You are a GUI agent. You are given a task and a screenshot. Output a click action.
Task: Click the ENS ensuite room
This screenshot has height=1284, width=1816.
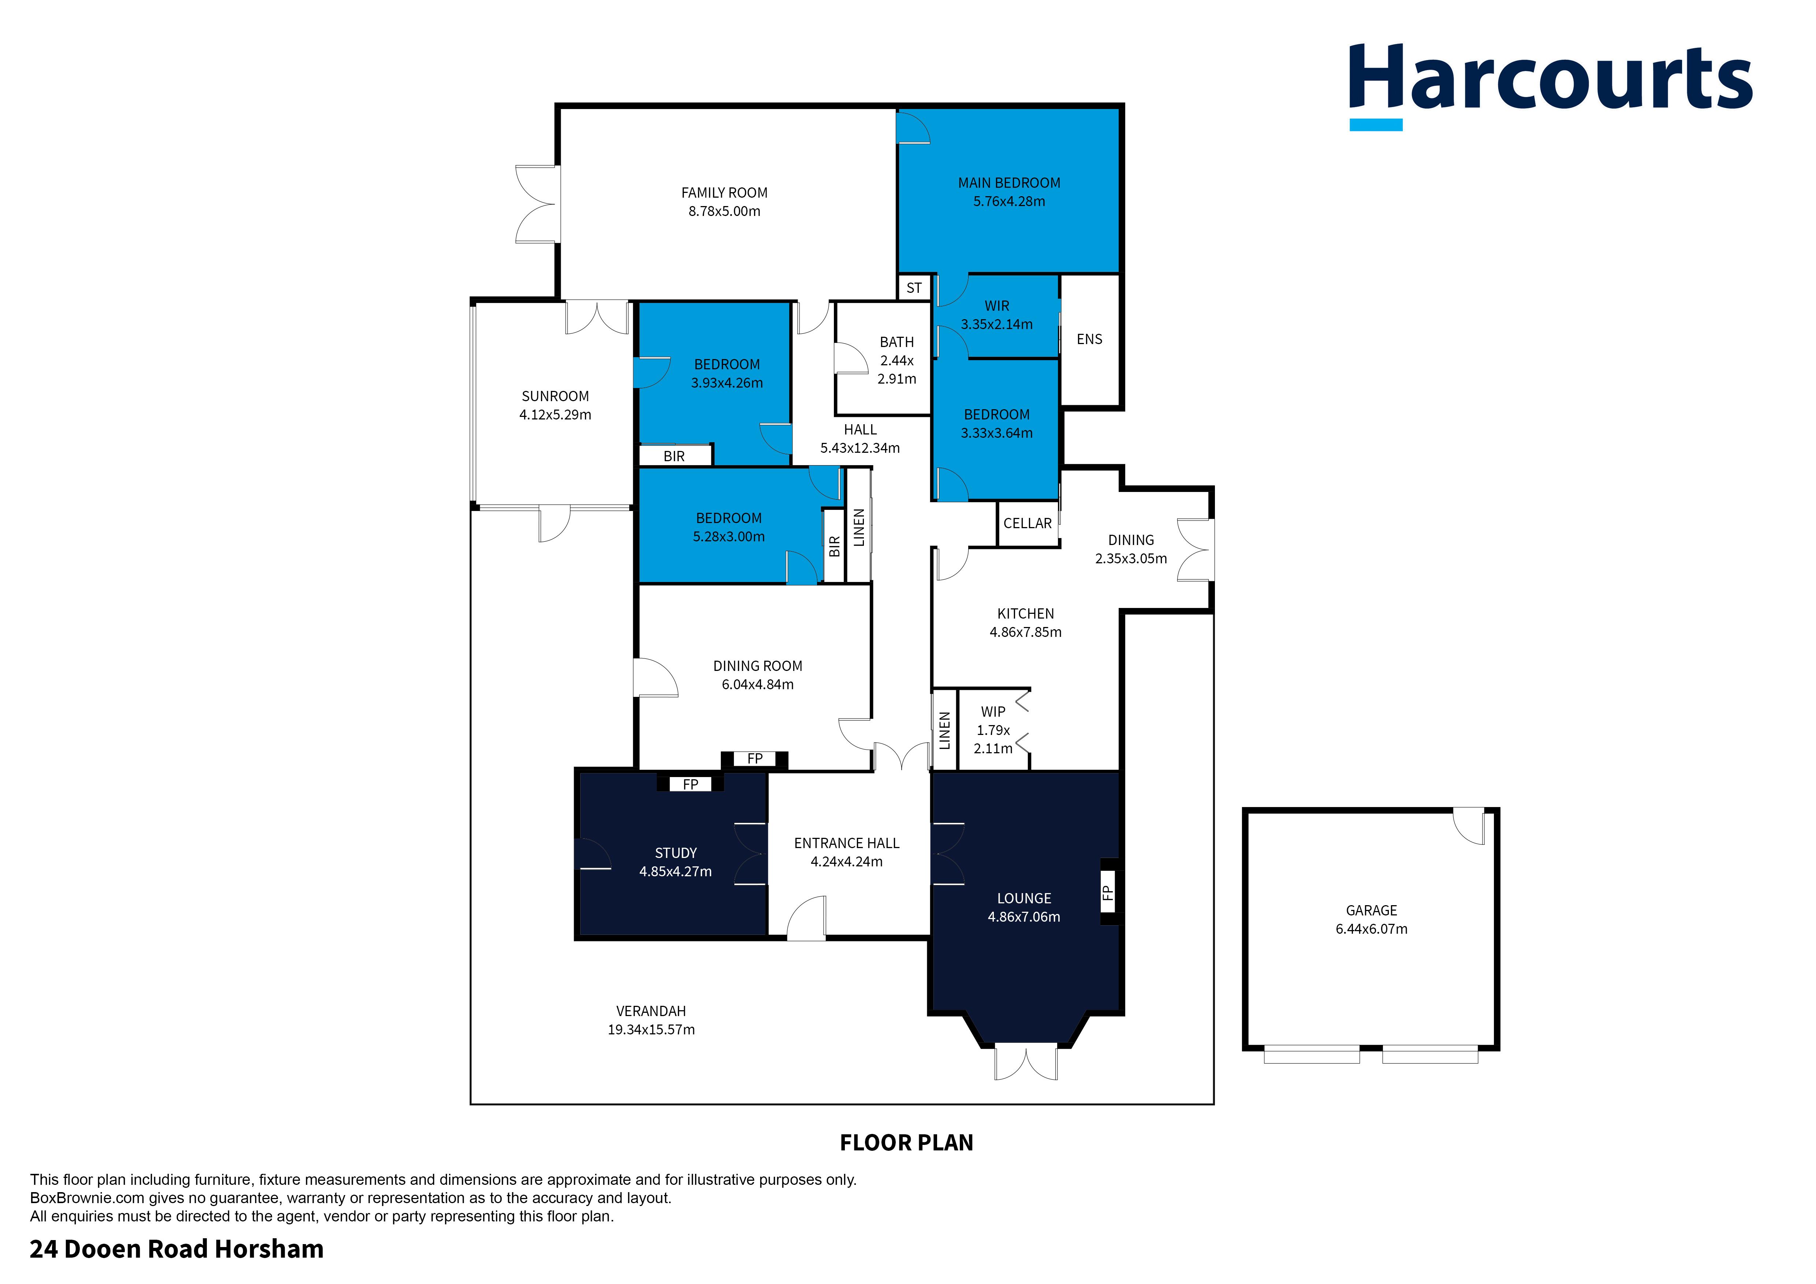pos(1089,339)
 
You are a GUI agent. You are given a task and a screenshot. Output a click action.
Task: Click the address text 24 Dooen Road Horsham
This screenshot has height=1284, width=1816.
pos(176,1249)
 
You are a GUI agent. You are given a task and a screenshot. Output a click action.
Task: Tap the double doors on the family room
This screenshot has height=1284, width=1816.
pos(538,204)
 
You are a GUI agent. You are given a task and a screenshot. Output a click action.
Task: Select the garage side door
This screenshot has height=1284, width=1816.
pos(1469,826)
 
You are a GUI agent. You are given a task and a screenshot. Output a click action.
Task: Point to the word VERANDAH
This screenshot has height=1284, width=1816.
pos(651,1011)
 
